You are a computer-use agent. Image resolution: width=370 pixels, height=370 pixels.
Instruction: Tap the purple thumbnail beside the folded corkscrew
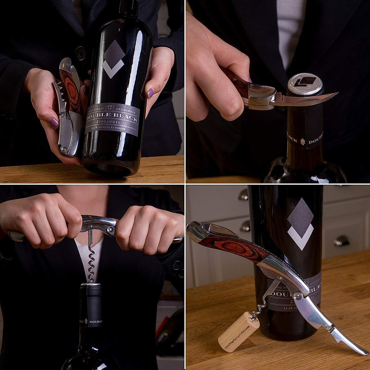[53, 123]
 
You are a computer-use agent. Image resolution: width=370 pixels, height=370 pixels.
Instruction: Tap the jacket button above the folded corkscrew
[81, 53]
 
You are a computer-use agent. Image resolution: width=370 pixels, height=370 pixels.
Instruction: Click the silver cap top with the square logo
[305, 82]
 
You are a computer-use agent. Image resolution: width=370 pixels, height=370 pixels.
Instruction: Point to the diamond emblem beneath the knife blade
[302, 142]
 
